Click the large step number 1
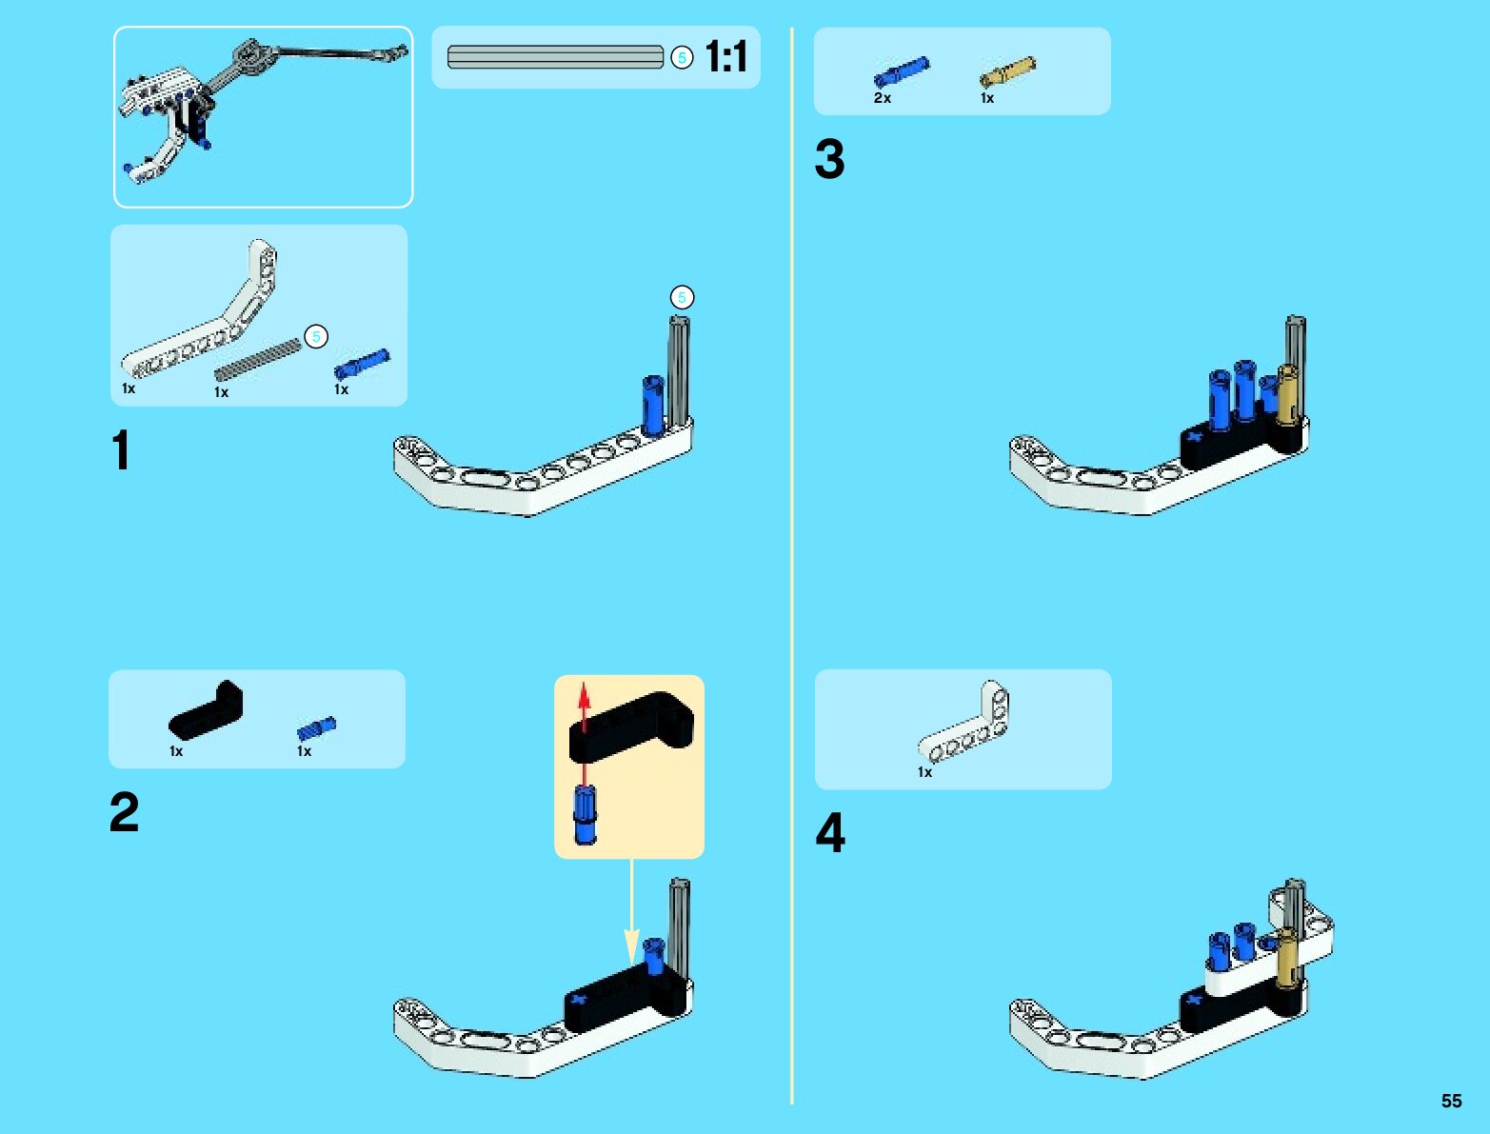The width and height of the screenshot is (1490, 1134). (x=121, y=450)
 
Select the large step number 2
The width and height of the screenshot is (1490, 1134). (x=124, y=812)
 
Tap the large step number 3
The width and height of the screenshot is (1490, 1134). (x=829, y=159)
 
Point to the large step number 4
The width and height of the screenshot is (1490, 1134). (x=830, y=833)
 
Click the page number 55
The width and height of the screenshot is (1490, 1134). (x=1451, y=1101)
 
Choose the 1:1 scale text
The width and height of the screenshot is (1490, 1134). (x=726, y=57)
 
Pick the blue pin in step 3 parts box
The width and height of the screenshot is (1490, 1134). (x=901, y=72)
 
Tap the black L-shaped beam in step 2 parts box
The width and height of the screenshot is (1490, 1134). (x=207, y=711)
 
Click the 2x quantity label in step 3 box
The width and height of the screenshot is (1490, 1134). (x=883, y=98)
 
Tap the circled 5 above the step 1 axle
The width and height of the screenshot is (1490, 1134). (x=681, y=298)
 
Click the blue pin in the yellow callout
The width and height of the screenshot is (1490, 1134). (x=585, y=815)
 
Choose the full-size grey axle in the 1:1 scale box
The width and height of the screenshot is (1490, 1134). (x=555, y=57)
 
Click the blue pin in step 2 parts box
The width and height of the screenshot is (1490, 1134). (x=316, y=728)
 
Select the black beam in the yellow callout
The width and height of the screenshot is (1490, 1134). (x=631, y=726)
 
